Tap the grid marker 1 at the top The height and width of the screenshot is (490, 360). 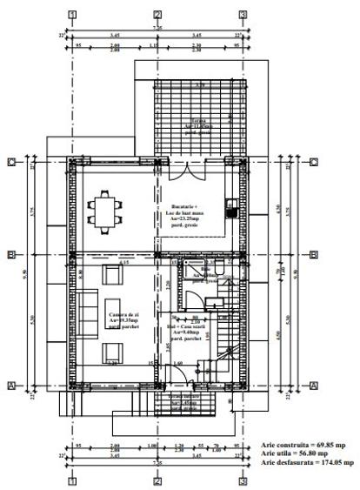pos(74,15)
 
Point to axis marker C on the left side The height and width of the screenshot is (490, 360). pos(12,161)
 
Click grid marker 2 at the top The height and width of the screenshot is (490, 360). pos(157,15)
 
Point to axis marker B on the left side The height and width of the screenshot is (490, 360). pos(12,255)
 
